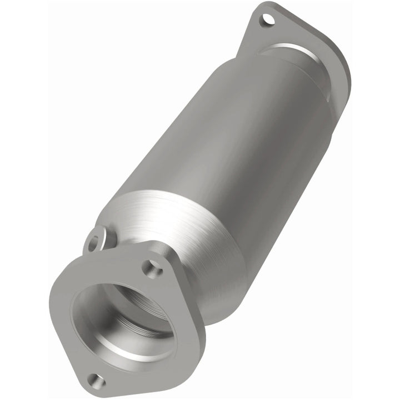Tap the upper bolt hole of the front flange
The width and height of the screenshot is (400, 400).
[x=151, y=269]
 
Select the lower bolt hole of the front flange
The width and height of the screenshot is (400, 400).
[x=96, y=381]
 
